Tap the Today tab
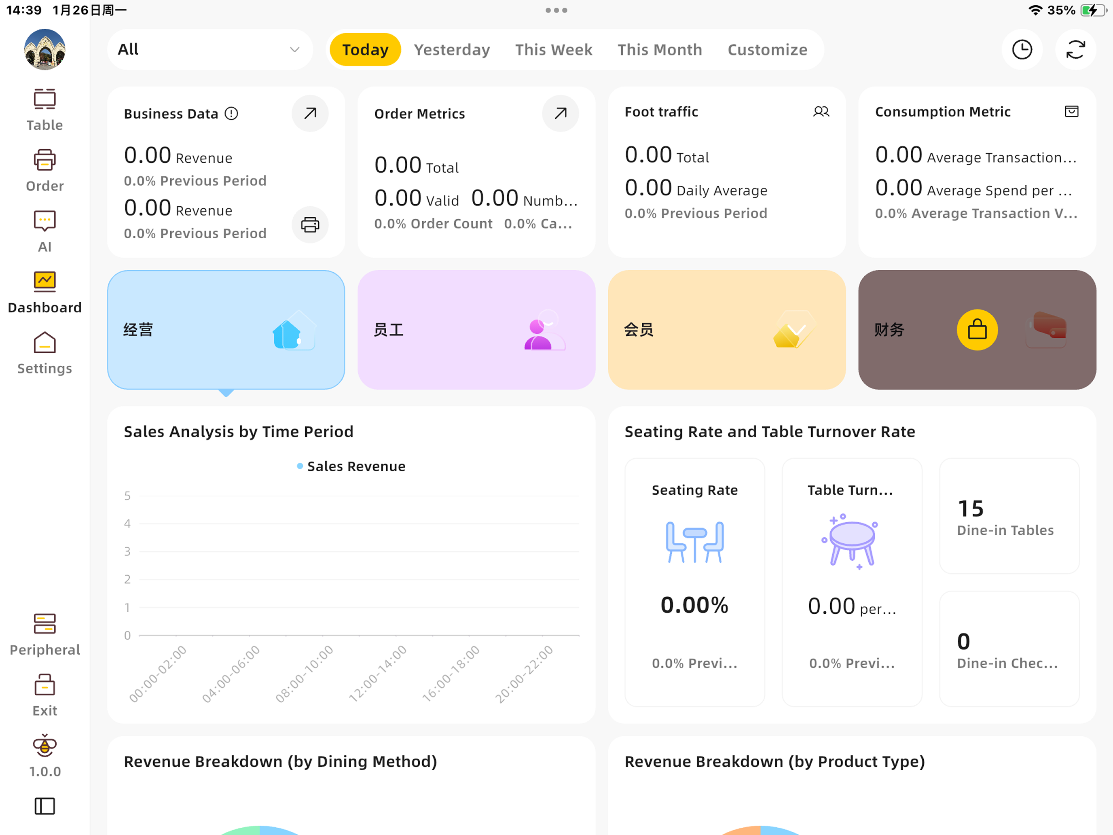[365, 49]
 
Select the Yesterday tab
[452, 49]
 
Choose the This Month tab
[660, 49]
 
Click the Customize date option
[767, 49]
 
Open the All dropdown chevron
[295, 49]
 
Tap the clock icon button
[1022, 49]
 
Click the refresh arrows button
[1075, 49]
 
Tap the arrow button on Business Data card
[310, 113]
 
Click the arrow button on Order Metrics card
[560, 113]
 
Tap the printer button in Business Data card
[310, 225]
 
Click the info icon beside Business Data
[231, 114]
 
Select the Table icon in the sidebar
[45, 99]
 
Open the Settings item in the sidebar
[45, 343]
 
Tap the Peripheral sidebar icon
[45, 623]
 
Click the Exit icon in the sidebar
[45, 685]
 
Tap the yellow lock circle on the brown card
[977, 330]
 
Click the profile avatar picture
[45, 49]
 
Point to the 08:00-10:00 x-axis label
[305, 674]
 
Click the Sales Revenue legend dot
[300, 466]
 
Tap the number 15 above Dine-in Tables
[971, 509]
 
